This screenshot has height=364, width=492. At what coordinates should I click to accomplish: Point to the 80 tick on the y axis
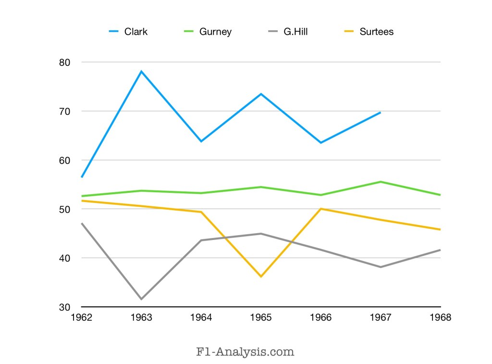pos(65,63)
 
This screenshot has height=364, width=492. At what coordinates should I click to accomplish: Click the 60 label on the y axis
pos(65,160)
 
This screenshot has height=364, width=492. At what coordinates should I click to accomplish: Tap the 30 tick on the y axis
pos(65,307)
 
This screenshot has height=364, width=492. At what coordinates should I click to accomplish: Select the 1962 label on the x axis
pos(82,318)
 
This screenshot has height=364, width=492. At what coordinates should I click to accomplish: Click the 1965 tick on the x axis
pos(261,318)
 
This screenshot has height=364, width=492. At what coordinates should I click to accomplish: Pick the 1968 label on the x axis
pos(441,318)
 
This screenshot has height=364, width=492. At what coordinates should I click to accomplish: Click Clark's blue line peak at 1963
pos(141,71)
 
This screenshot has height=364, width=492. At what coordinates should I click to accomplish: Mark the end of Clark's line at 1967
pos(381,112)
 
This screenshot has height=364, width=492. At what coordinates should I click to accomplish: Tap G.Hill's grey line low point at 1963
pos(141,299)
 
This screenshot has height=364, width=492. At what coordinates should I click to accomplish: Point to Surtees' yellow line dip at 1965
pos(261,276)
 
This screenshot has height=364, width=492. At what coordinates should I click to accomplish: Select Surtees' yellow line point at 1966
pos(321,209)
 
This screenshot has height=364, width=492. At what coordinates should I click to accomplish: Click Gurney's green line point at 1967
pos(381,182)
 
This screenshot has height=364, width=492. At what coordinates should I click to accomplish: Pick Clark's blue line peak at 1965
pos(261,94)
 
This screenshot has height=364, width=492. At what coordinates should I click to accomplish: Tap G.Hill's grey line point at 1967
pos(381,267)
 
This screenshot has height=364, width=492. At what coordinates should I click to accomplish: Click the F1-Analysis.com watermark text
pos(245,351)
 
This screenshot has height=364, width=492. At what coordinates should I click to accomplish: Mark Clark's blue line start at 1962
pos(82,177)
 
